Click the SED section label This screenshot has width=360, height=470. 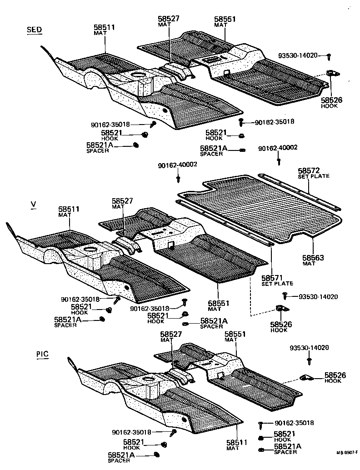tap(35, 30)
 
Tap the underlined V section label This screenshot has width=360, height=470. tap(33, 205)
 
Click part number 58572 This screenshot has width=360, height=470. tap(309, 170)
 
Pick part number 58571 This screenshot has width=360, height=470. tap(272, 278)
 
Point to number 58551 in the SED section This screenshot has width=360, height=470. tap(225, 19)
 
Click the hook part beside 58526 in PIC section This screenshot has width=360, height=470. tap(307, 377)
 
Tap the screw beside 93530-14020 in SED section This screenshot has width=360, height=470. tap(329, 56)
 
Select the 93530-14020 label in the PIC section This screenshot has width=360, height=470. tap(309, 348)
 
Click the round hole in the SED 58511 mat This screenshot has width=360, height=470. tap(136, 75)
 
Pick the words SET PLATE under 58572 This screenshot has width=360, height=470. tap(314, 176)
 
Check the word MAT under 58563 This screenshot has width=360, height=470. tap(309, 264)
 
